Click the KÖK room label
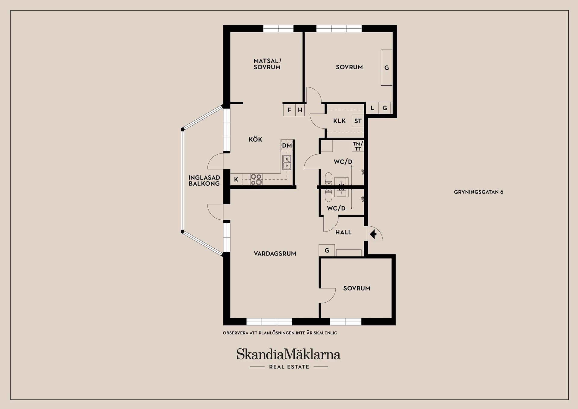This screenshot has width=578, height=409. click(x=255, y=140)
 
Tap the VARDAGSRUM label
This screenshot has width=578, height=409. click(x=275, y=254)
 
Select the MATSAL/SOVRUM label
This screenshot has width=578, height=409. click(x=267, y=64)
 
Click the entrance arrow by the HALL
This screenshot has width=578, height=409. click(x=373, y=234)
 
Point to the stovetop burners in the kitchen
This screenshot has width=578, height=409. click(x=256, y=179)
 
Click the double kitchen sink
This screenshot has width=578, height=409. click(x=287, y=162)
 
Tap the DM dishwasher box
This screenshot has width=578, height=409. click(x=287, y=146)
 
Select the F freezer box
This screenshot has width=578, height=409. click(x=289, y=110)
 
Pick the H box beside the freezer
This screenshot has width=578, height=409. click(x=300, y=110)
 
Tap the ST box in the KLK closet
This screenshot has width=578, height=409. click(x=358, y=121)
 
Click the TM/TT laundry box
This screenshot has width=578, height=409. click(x=358, y=146)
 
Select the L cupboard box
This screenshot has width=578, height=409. click(x=372, y=108)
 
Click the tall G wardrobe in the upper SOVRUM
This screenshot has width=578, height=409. click(x=387, y=68)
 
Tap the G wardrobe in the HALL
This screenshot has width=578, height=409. click(x=327, y=250)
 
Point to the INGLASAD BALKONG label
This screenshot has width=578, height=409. click(x=204, y=181)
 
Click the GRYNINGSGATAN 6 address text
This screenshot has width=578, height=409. click(x=478, y=192)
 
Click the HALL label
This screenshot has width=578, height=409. click(x=343, y=232)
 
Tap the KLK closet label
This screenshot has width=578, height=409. click(x=339, y=121)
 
